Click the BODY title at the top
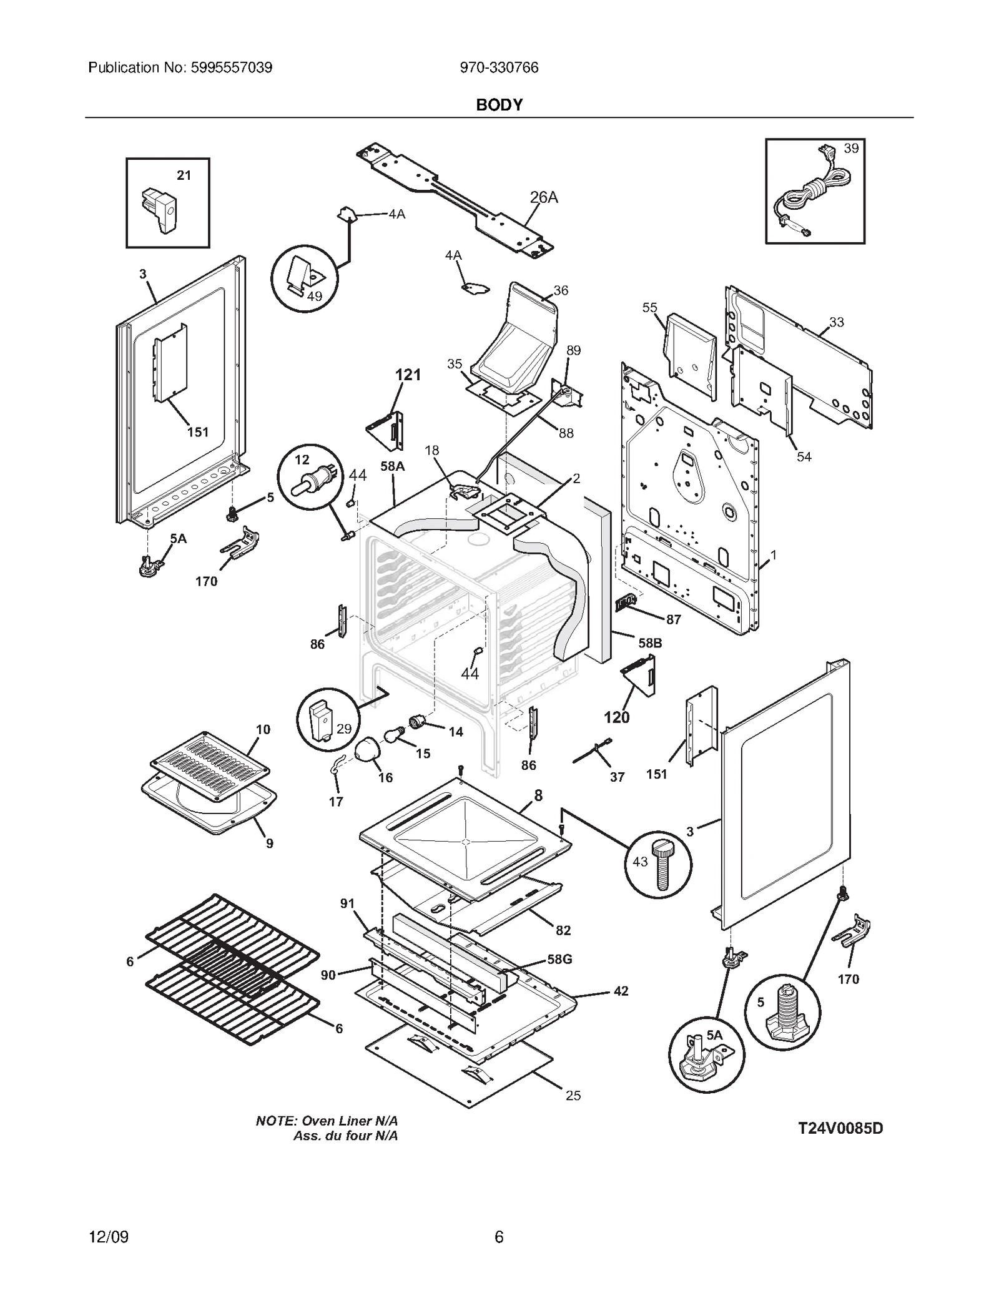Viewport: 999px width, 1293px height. (499, 105)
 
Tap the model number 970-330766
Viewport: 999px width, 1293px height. (499, 67)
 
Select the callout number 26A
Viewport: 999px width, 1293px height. (543, 197)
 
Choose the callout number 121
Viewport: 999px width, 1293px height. (408, 375)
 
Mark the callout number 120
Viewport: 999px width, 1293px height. (616, 717)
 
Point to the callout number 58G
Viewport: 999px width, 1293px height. (559, 958)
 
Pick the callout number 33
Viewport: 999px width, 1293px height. (836, 322)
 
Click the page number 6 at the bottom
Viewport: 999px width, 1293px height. (499, 1237)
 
